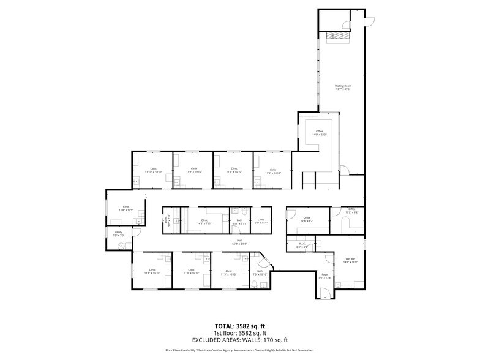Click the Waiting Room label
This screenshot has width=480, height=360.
click(342, 87)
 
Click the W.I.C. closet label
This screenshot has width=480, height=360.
click(301, 246)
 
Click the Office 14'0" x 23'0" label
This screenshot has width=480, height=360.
click(319, 133)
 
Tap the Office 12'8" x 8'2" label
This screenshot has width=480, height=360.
click(307, 219)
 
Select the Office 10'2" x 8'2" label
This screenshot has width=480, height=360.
click(351, 211)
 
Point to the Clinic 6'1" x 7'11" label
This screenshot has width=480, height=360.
click(260, 221)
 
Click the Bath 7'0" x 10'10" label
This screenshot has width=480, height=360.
click(260, 272)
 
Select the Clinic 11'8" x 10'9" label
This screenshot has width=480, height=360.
click(126, 208)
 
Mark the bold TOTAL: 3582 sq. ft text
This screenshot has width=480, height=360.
click(239, 326)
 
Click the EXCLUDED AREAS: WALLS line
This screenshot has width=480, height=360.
click(239, 339)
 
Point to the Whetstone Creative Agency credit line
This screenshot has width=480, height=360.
click(239, 351)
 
